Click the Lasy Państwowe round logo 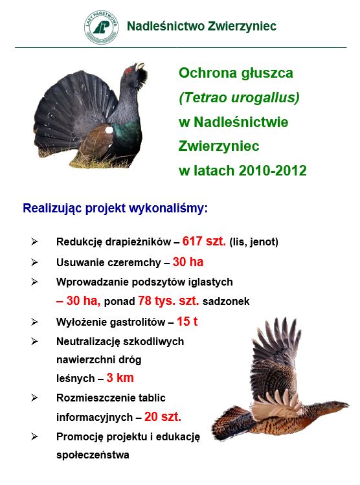[x=101, y=27]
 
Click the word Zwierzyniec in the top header [x=242, y=26]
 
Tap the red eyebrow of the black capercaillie [x=128, y=71]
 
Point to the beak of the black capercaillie [x=139, y=66]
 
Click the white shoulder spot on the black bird [x=109, y=130]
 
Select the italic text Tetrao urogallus [x=239, y=97]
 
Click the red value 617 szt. [x=204, y=241]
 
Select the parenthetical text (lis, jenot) [x=254, y=242]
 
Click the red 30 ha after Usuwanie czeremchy [x=188, y=262]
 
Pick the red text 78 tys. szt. [x=168, y=300]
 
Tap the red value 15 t [x=187, y=321]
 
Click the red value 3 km [x=120, y=378]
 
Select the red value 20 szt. [x=163, y=416]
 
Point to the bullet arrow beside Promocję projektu [x=34, y=436]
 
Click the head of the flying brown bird [x=339, y=405]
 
